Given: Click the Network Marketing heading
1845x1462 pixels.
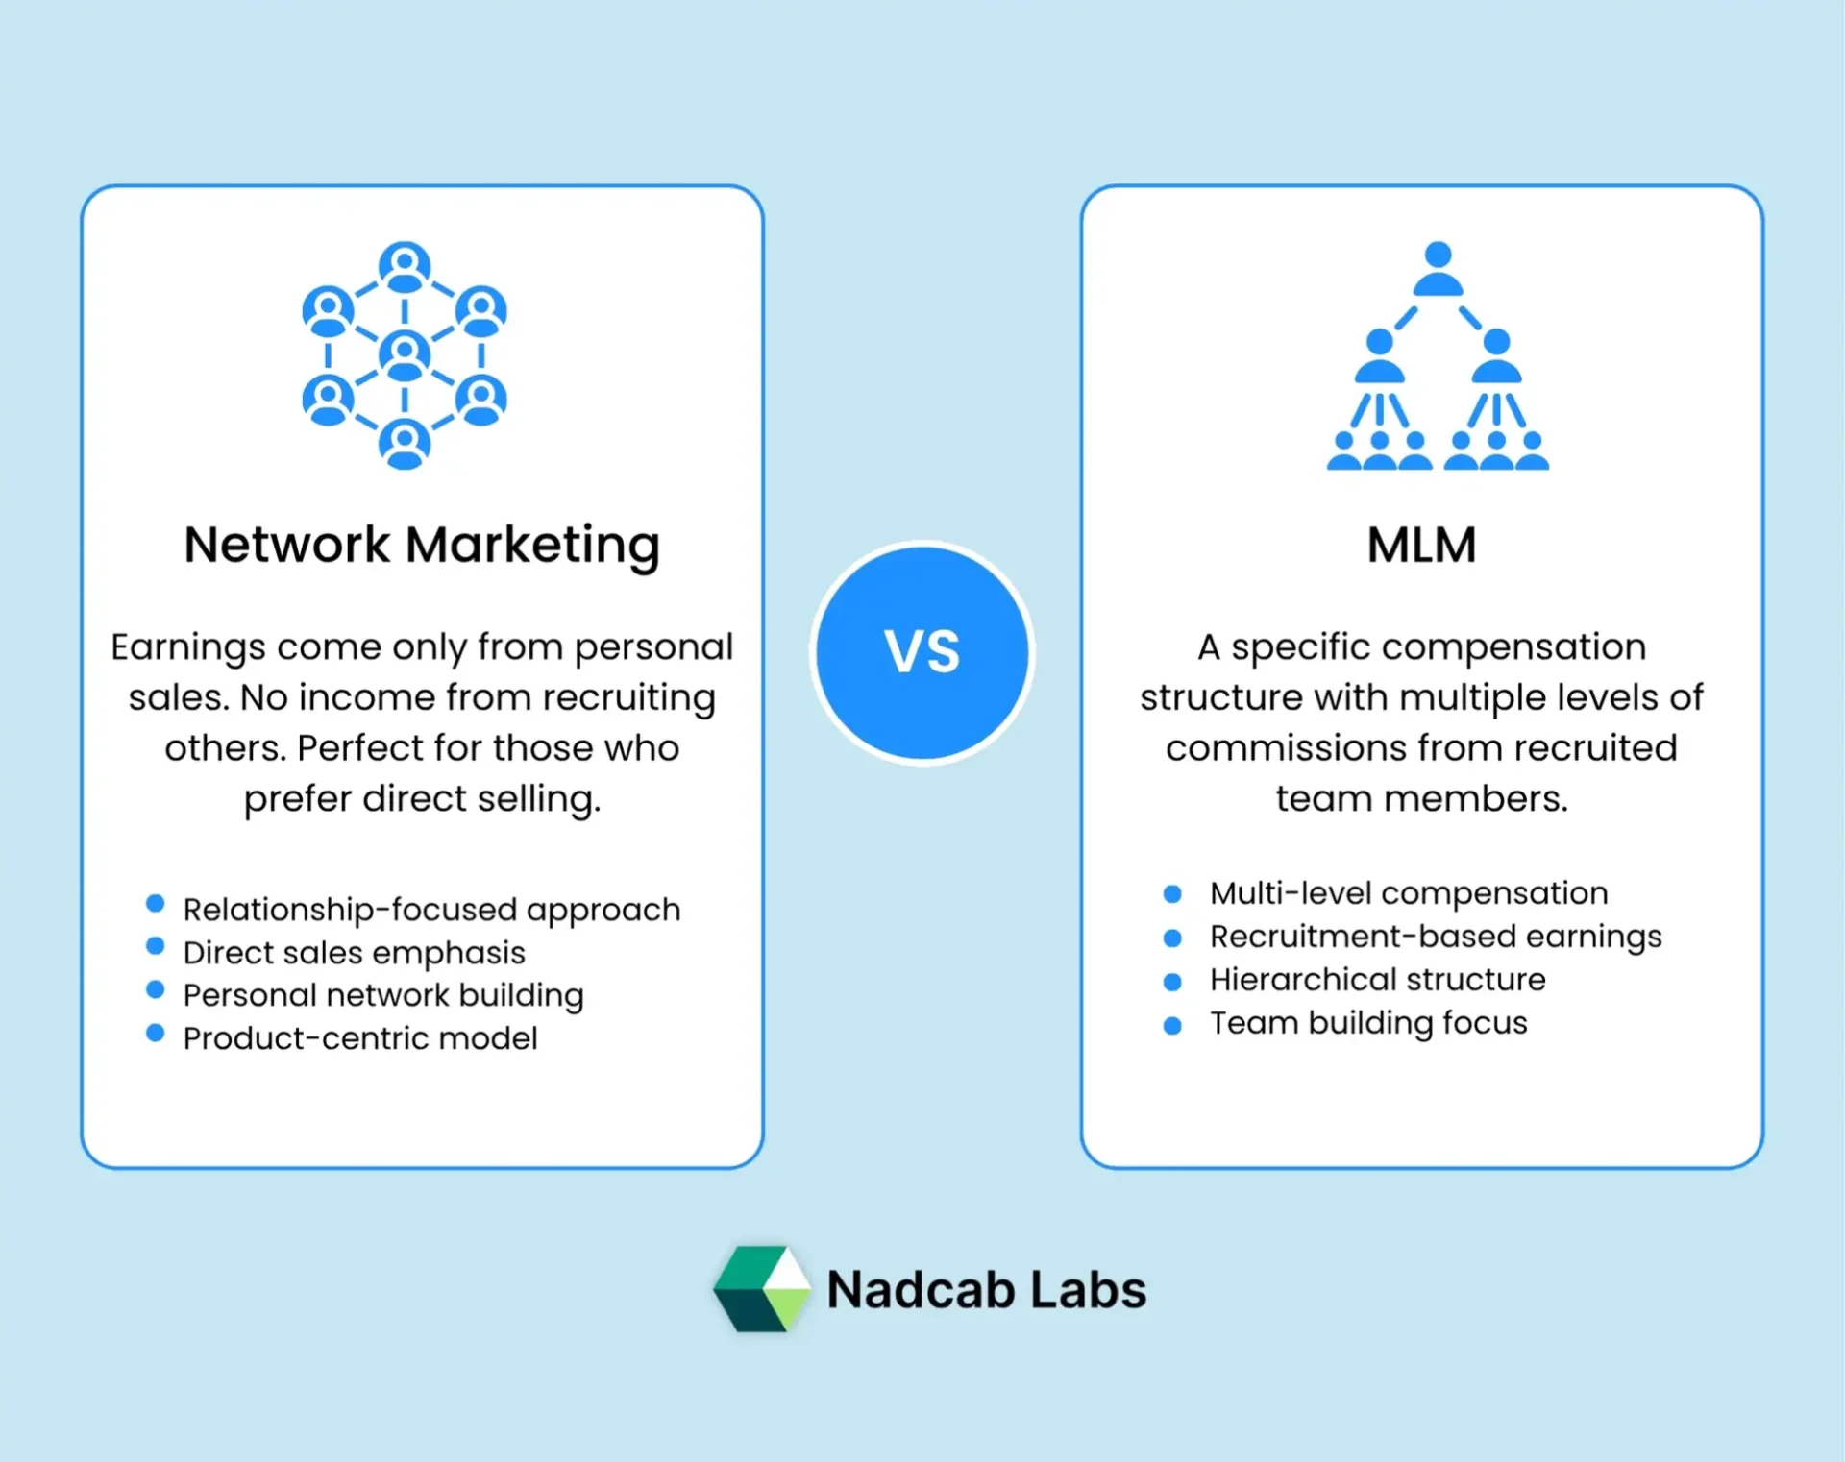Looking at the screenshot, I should click(x=422, y=545).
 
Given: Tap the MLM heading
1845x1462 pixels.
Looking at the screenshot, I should click(x=1421, y=545).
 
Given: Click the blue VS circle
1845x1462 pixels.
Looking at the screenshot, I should click(x=922, y=653).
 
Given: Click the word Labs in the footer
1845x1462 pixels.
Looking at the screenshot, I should click(x=1089, y=1289).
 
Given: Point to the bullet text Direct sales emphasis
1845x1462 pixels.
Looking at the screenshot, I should click(x=354, y=952).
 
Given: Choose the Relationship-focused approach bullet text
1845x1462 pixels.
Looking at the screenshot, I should click(x=431, y=909).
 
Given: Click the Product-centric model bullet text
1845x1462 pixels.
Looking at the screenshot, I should click(x=360, y=1038).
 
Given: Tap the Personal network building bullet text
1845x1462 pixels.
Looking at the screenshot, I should click(x=383, y=995).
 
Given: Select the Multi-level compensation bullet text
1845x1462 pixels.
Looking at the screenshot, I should click(x=1409, y=893).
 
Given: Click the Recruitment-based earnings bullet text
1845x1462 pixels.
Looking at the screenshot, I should click(x=1436, y=937).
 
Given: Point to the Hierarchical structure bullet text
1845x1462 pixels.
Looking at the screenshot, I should click(x=1378, y=980).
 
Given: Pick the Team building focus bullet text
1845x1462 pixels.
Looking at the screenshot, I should click(x=1368, y=1023).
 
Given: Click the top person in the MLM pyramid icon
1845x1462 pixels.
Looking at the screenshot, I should click(x=1438, y=268).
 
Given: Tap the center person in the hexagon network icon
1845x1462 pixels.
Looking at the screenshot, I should click(x=405, y=354).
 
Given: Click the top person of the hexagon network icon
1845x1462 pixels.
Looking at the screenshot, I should click(x=405, y=266).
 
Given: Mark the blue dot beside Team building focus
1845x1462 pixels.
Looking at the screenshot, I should click(x=1172, y=1025).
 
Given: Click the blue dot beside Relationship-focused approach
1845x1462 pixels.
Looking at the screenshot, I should click(x=155, y=903).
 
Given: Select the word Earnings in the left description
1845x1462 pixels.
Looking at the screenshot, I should click(x=187, y=648).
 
